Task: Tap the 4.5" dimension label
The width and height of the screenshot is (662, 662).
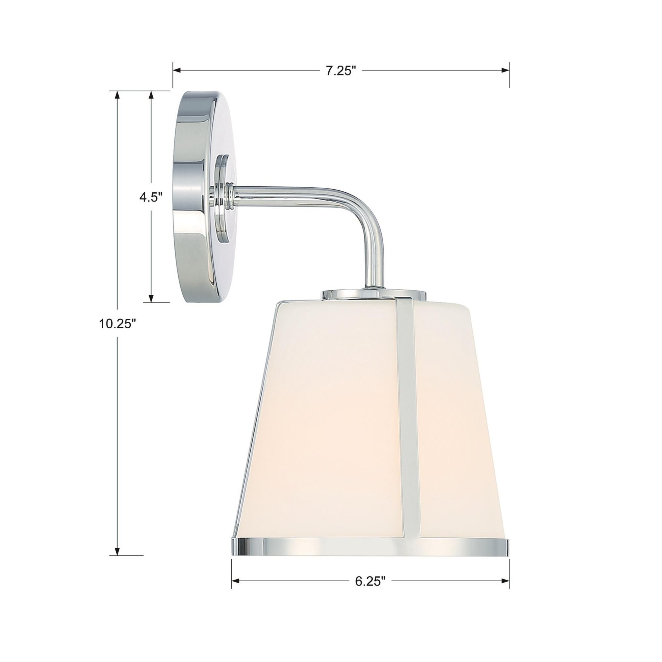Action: pos(150,197)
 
